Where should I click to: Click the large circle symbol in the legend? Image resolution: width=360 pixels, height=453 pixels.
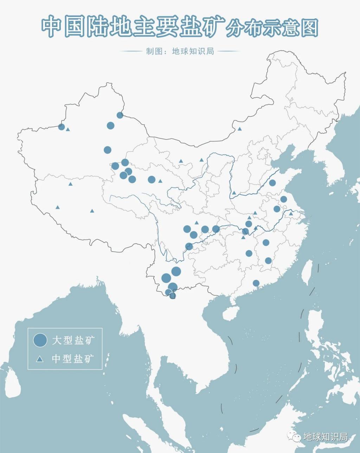[40, 340]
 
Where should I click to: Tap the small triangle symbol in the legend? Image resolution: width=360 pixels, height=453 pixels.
[40, 359]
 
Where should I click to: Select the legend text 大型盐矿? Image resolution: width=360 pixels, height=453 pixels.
[73, 340]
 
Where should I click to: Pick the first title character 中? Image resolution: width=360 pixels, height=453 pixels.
[52, 27]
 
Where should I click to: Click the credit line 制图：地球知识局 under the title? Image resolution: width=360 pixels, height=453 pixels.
[180, 51]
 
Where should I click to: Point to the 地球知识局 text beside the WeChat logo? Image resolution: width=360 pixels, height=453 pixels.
[326, 437]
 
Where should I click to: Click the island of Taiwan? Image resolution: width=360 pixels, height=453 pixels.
[308, 272]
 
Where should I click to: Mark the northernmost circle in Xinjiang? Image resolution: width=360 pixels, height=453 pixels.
[120, 115]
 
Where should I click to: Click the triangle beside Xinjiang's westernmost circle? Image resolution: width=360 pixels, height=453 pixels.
[68, 129]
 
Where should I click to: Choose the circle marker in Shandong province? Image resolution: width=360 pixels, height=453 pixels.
[272, 183]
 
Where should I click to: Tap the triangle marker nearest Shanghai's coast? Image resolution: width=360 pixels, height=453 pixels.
[291, 213]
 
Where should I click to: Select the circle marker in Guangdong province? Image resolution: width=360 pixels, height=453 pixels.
[256, 283]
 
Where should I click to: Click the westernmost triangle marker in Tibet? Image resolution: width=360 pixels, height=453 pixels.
[58, 208]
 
